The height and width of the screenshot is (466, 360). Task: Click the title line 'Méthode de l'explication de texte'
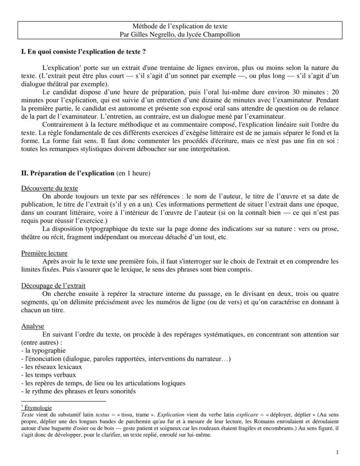click(180, 27)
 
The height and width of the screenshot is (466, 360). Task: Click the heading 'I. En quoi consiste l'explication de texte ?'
click(83, 52)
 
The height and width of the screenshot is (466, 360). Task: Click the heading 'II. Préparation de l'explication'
click(68, 173)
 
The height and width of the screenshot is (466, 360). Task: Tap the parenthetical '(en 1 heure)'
click(133, 173)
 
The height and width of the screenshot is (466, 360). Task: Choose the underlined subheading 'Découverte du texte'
click(50, 188)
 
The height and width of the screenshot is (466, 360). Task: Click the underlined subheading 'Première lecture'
click(44, 253)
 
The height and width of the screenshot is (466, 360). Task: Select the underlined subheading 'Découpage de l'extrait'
click(53, 285)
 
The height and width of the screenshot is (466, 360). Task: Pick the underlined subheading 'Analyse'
click(33, 326)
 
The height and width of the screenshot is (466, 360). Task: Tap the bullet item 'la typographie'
click(45, 350)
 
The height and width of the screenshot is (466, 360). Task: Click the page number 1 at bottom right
click(337, 453)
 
